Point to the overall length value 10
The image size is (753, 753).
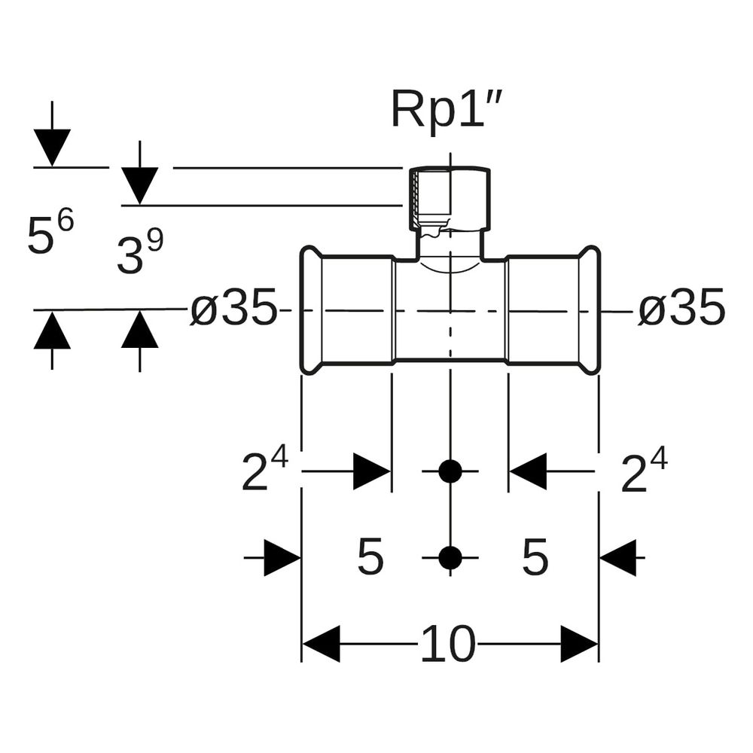click(448, 644)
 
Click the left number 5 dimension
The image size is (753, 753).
click(370, 557)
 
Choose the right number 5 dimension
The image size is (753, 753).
click(535, 557)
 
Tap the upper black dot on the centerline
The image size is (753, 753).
click(450, 471)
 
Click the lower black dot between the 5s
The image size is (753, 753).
click(450, 557)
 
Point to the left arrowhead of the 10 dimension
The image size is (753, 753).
click(321, 644)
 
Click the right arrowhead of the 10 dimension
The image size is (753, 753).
click(579, 644)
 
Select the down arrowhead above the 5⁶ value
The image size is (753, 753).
click(52, 148)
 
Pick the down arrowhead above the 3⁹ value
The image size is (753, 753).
click(140, 186)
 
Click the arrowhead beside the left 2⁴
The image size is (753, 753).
click(372, 471)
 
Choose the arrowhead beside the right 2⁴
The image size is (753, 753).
click(528, 471)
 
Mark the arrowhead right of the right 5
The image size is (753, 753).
click(618, 557)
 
